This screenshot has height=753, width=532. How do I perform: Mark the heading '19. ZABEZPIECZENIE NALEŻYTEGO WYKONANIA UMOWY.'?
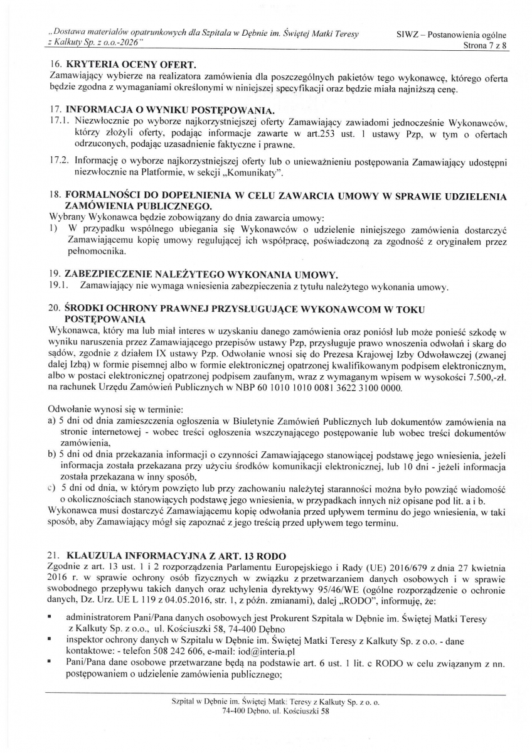193,275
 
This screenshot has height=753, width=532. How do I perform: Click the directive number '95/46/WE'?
336,587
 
